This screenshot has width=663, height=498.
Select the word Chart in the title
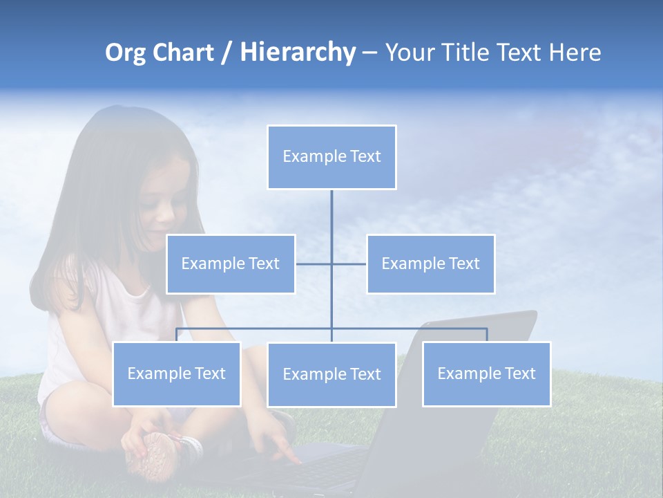click(184, 53)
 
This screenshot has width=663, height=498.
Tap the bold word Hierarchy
click(298, 53)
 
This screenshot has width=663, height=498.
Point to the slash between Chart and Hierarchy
click(227, 53)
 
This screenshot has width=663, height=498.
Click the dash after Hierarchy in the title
click(369, 53)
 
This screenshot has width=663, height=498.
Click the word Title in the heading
click(465, 53)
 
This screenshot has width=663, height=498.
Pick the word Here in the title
click(575, 53)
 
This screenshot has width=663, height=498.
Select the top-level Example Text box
click(331, 157)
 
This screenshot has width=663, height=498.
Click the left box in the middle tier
click(231, 264)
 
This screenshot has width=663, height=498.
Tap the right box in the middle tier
click(430, 264)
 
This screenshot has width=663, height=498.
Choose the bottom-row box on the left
click(177, 373)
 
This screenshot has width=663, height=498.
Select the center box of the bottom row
click(331, 374)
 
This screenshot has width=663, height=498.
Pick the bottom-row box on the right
click(486, 373)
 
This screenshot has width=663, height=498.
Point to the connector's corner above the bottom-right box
click(487, 329)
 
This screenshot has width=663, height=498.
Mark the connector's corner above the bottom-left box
click(177, 329)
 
